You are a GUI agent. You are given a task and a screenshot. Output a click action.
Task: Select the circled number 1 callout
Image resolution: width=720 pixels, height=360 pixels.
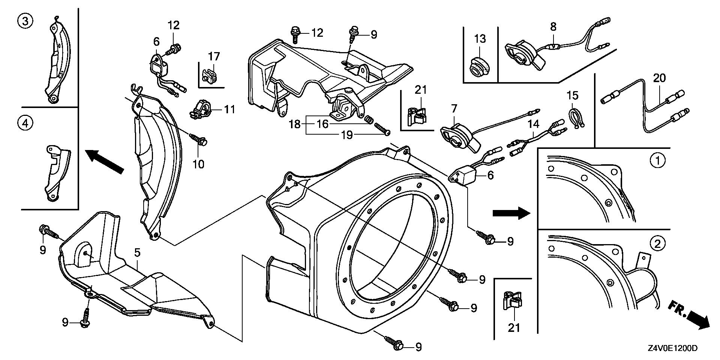point(657,161)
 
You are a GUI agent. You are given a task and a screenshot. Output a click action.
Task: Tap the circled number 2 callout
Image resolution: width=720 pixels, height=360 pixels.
point(657,244)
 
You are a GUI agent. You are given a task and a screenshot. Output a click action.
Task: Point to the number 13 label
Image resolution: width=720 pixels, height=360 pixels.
point(480,39)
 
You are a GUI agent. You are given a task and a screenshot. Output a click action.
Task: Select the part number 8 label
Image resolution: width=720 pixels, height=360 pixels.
point(553,27)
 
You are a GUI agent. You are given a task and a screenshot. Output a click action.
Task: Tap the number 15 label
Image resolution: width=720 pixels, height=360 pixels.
point(573,96)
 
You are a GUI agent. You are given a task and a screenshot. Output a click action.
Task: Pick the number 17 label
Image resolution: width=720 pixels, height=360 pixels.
point(214,56)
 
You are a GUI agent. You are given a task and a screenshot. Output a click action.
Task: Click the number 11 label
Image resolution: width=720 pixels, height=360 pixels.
point(229,109)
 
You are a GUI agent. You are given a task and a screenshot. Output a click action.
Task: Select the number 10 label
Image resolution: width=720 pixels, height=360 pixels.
point(198,164)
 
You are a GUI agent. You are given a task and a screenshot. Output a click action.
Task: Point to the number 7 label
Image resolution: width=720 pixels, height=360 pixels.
point(454,109)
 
